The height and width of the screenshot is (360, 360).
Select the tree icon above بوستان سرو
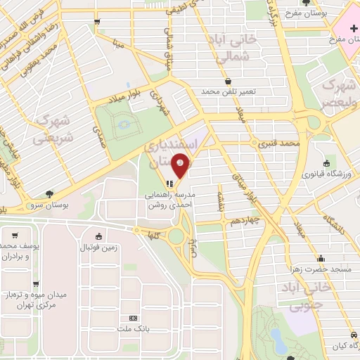point(49,194)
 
